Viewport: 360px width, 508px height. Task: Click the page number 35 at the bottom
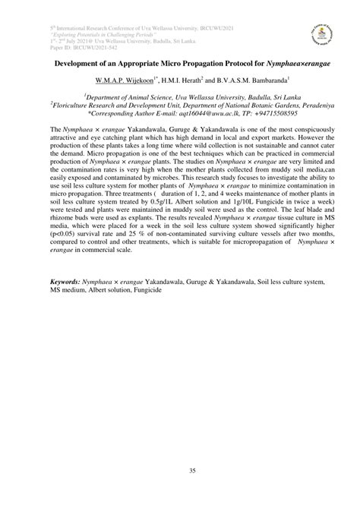click(x=180, y=472)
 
